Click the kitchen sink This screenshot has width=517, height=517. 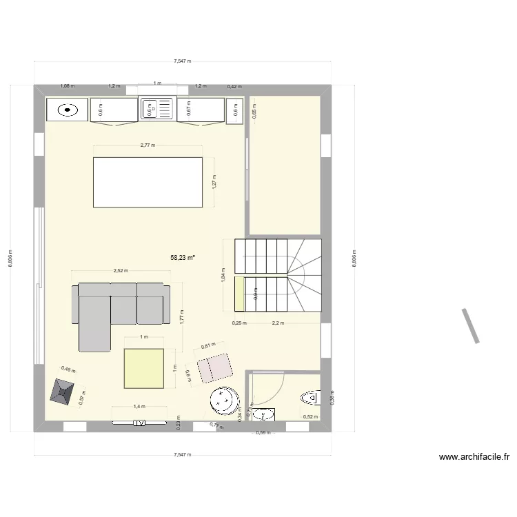coord(157,109)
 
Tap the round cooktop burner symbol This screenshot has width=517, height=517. coord(67,109)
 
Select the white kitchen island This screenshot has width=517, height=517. coord(148,182)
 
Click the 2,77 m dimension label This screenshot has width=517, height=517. coord(148,145)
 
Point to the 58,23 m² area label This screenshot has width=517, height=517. coord(183,257)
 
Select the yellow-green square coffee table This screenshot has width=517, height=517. coord(144,369)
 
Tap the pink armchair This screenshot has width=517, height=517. coord(215,367)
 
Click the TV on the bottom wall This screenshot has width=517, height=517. coord(139,423)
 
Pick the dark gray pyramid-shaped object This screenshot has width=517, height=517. coord(64,393)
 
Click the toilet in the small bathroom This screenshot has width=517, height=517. coord(311,398)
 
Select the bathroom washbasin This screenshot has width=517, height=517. coord(262,414)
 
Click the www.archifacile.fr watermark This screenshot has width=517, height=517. coord(474,457)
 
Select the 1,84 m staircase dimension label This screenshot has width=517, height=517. coord(223,274)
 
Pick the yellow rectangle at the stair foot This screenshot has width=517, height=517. coord(240,294)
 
